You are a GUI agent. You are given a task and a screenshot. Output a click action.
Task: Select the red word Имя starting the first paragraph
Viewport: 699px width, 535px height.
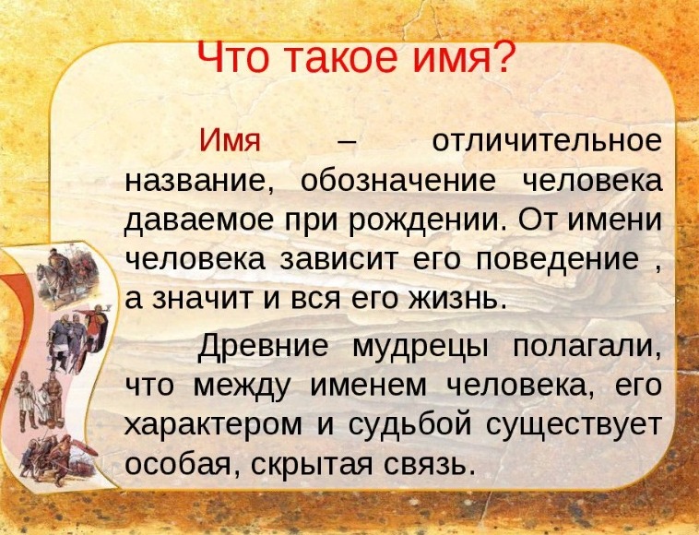(230, 140)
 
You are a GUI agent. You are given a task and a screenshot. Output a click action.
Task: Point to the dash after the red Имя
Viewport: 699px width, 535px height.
(348, 143)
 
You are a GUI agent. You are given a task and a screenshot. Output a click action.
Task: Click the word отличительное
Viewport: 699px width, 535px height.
(547, 141)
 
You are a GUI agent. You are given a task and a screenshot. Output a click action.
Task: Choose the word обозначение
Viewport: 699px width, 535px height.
(398, 181)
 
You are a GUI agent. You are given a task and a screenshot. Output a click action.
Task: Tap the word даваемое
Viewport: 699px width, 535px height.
(199, 220)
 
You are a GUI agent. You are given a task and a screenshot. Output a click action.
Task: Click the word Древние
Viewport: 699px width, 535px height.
(263, 346)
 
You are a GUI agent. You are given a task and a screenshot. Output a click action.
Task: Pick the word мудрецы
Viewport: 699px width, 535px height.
(420, 348)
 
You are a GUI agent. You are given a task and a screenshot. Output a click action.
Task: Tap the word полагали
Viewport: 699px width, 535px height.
(587, 346)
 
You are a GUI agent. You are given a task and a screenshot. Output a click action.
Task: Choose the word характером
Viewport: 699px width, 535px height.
(213, 425)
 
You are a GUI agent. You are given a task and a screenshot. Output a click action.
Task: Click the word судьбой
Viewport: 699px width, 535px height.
(409, 424)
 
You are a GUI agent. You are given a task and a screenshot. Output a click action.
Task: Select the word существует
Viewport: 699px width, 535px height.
(575, 425)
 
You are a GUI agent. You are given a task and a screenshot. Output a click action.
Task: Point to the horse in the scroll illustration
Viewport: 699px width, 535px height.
(53, 281)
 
